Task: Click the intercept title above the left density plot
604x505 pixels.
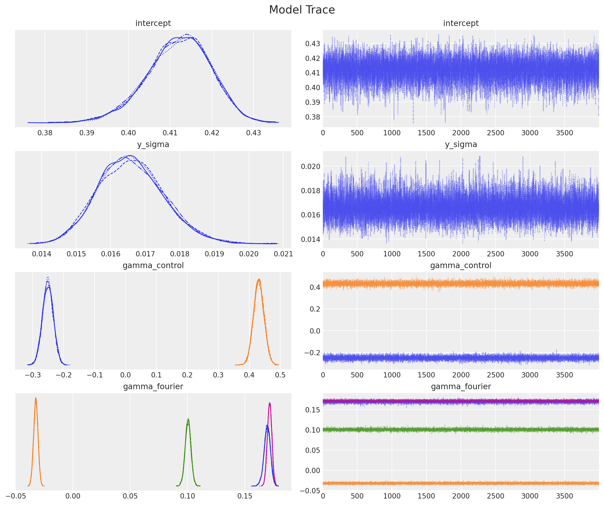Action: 153,23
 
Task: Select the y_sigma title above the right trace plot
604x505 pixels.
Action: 461,144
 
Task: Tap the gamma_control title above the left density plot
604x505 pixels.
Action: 153,265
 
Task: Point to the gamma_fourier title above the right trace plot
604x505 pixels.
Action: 461,386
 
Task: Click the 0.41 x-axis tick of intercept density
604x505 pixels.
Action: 170,133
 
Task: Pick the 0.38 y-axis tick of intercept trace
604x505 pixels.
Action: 312,117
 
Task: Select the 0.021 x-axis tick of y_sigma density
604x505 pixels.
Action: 283,254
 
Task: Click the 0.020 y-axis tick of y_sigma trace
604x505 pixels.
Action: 310,167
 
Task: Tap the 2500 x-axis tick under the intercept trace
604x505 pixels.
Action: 495,133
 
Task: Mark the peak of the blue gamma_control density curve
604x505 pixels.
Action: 48,278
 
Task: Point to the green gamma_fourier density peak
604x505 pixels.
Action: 188,419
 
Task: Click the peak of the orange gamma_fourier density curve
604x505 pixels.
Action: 36,398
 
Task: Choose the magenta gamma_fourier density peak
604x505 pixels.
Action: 269,403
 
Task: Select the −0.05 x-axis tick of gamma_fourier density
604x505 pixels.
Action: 15,496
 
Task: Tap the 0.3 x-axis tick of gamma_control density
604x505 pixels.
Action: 218,375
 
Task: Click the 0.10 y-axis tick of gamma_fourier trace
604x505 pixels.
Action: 312,430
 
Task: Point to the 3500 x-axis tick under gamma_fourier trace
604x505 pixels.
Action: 564,496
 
